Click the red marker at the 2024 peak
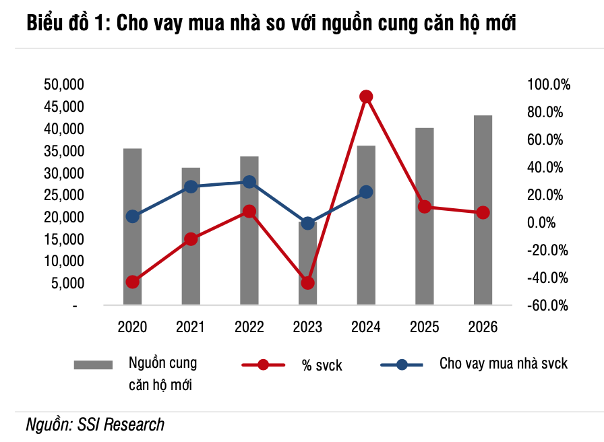click(366, 97)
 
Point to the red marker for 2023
click(307, 283)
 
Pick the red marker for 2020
click(132, 282)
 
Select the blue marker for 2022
click(249, 182)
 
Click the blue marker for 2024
click(366, 192)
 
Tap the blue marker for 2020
click(132, 216)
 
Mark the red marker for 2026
click(483, 212)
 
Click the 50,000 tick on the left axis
click(63, 84)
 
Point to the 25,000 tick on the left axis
click(63, 195)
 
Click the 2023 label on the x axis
click(307, 327)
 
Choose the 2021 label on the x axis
click(191, 327)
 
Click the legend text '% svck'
click(322, 365)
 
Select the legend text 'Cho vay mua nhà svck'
click(504, 364)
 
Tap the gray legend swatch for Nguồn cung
click(92, 365)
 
